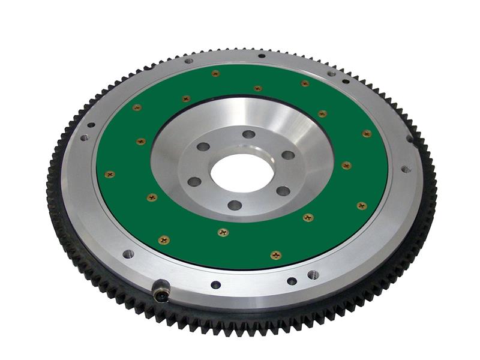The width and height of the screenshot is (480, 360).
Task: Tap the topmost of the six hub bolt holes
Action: [x=248, y=134]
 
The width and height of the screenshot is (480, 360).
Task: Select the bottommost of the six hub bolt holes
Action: [x=235, y=205]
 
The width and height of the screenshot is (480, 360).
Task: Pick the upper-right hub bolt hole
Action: [x=288, y=155]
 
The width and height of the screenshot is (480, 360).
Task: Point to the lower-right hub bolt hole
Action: [x=283, y=191]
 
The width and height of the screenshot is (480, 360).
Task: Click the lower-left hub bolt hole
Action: [x=194, y=181]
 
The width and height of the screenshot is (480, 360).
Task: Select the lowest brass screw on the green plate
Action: [x=275, y=255]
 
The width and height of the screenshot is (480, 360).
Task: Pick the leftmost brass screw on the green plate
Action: [x=109, y=175]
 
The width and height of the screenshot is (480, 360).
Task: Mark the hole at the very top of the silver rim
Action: [x=262, y=56]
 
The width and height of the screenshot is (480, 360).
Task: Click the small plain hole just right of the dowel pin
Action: [x=215, y=284]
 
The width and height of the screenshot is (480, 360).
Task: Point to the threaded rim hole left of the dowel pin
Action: [x=128, y=254]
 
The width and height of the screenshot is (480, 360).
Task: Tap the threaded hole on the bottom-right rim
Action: [x=313, y=274]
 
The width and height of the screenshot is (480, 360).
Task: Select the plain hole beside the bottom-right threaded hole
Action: [x=292, y=281]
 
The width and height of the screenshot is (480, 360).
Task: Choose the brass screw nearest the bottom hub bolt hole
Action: [x=223, y=232]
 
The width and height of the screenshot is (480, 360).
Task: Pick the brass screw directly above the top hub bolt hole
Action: [x=257, y=88]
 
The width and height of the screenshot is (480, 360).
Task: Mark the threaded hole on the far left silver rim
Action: [x=84, y=137]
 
